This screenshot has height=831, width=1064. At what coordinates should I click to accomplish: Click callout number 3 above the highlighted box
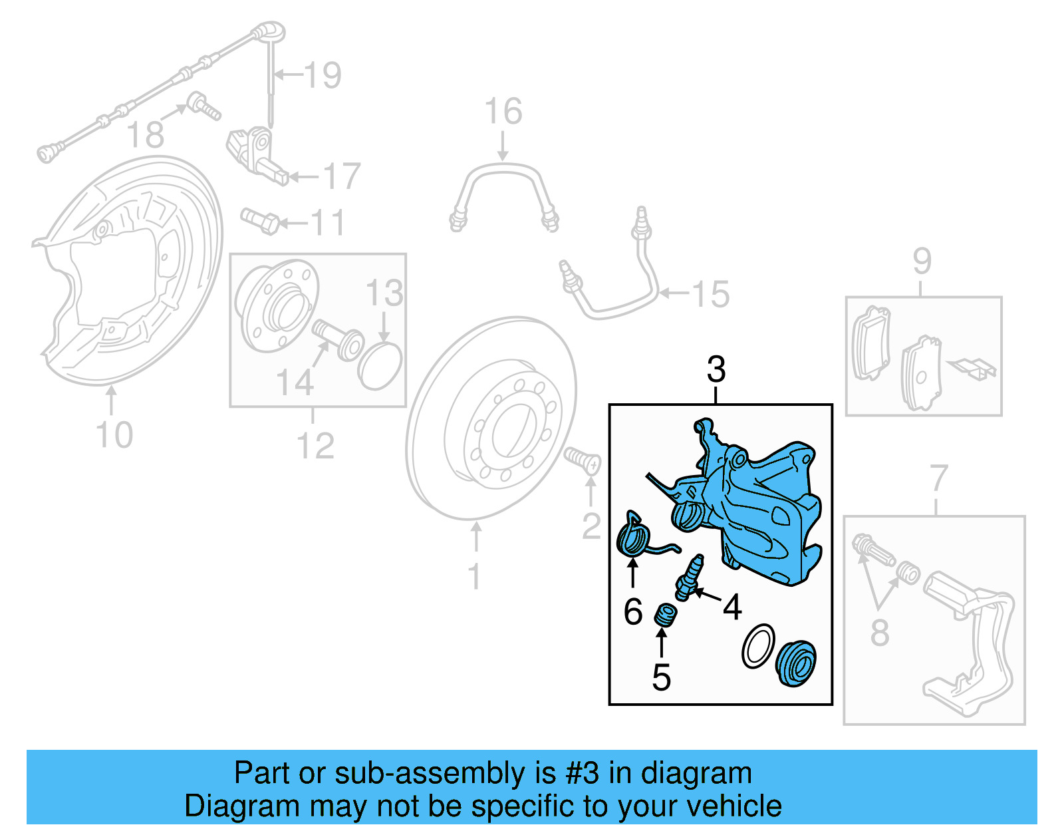tap(716, 370)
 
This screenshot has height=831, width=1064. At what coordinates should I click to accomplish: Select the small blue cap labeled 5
tap(664, 615)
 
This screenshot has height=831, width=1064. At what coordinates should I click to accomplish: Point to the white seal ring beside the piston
tap(758, 646)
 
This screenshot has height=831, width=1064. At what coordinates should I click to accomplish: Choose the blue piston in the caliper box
tap(796, 663)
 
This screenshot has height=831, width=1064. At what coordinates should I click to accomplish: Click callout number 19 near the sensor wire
tap(323, 75)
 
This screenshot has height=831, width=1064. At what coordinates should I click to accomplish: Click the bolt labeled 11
tap(260, 221)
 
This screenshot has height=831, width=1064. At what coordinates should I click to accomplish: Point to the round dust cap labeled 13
tap(380, 367)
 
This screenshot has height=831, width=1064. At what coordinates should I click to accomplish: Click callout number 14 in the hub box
tap(295, 383)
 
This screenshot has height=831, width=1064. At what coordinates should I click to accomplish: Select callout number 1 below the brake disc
tap(473, 577)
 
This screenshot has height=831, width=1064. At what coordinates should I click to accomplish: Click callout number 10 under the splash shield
tap(114, 436)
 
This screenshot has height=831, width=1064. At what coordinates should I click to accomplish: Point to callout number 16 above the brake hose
tap(503, 112)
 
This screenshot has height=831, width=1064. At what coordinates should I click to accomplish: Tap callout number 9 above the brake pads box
tap(922, 261)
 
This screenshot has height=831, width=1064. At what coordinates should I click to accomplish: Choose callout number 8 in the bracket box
tap(879, 632)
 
